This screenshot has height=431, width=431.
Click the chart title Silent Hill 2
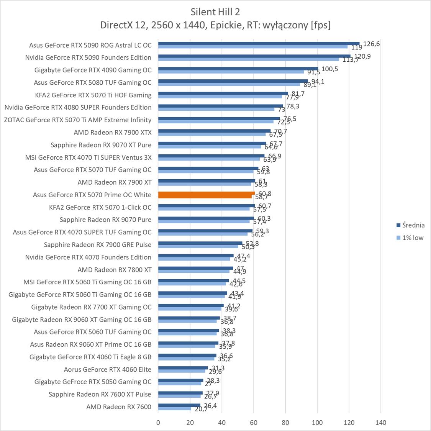click(x=215, y=11)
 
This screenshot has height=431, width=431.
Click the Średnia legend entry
click(x=410, y=225)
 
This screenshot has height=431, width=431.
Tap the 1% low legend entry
click(x=410, y=238)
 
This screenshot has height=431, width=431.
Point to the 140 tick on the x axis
click(x=380, y=423)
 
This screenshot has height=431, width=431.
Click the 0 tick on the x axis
click(x=158, y=423)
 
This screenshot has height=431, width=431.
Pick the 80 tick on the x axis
click(x=285, y=423)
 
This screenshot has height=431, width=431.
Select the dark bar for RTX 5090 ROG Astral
click(x=259, y=44)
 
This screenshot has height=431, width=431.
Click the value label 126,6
click(x=371, y=44)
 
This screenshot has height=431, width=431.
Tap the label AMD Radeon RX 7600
click(x=119, y=407)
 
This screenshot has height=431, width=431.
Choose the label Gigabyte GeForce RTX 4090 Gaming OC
click(x=93, y=70)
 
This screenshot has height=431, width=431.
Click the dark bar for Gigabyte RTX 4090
click(x=238, y=69)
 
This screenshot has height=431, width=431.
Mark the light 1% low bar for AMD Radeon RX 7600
click(x=174, y=409)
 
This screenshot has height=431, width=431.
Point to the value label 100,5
click(x=329, y=69)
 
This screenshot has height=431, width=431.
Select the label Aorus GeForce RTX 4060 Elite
click(x=108, y=369)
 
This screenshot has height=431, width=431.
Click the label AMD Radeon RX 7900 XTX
click(x=113, y=133)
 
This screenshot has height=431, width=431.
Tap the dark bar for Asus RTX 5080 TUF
click(x=233, y=81)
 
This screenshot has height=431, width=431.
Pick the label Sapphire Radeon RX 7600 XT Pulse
click(x=100, y=394)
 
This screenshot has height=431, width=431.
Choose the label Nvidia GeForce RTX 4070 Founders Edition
click(x=88, y=257)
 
